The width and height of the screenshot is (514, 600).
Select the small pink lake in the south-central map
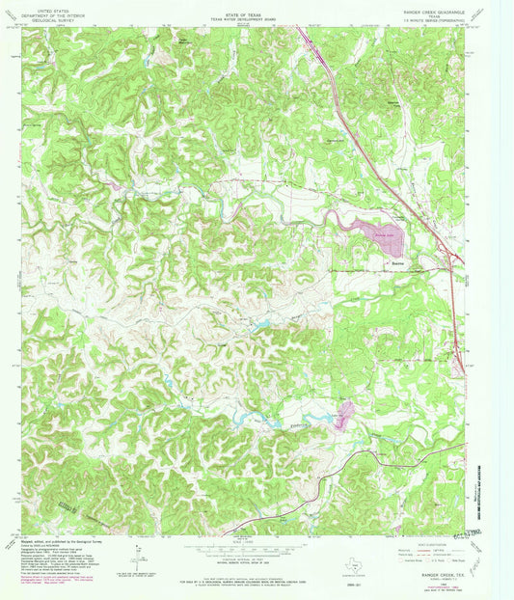point(343,416)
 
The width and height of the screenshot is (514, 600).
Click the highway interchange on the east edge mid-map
point(462,362)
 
